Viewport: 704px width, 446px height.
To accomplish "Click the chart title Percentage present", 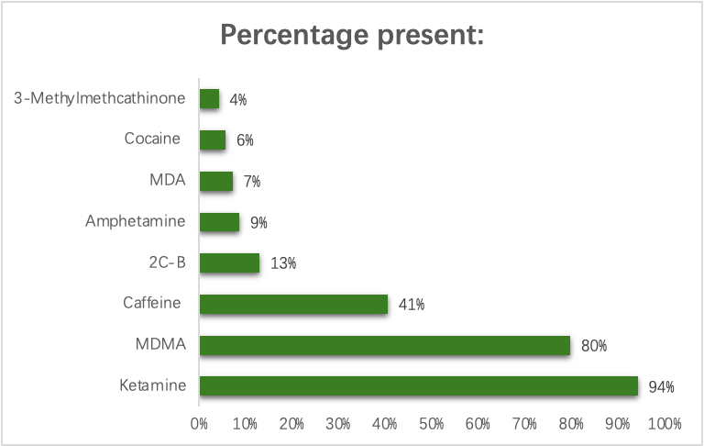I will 352,36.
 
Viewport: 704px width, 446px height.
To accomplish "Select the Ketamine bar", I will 418,386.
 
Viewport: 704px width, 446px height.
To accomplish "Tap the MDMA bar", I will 385,345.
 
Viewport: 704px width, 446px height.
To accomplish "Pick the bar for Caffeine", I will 293,304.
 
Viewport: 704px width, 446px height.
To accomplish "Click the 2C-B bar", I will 229,263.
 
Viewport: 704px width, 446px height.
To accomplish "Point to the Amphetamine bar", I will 219,222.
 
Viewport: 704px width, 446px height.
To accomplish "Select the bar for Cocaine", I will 212,139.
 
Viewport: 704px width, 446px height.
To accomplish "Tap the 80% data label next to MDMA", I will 595,346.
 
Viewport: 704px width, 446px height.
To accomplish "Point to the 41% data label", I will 412,305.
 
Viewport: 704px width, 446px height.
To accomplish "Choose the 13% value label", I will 283,263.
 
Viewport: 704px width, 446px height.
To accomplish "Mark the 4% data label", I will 238,99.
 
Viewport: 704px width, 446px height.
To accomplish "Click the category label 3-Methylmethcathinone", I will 100,98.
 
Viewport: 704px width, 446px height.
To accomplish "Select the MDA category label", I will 168,180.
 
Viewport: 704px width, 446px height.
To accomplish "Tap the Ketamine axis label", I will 153,386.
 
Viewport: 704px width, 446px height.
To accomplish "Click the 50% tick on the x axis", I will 432,424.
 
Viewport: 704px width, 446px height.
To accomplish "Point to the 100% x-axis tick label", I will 664,424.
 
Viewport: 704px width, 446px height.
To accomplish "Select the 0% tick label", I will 199,424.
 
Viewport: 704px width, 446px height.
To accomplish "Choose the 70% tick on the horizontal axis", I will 524,424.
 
